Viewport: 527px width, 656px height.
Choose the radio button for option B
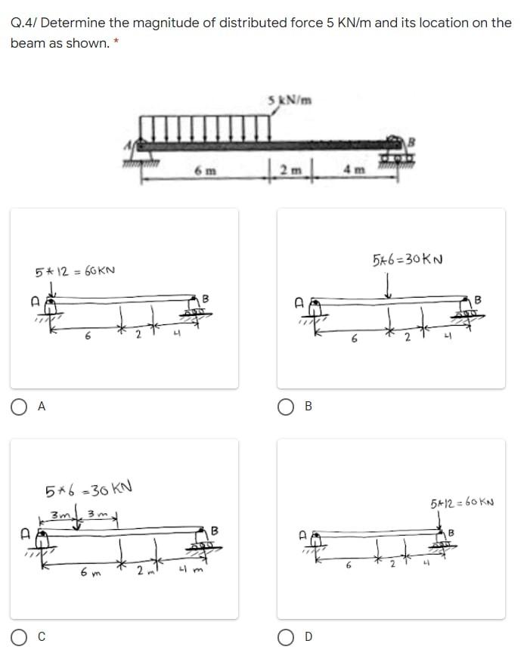click(x=287, y=406)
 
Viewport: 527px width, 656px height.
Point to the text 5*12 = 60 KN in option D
click(x=462, y=503)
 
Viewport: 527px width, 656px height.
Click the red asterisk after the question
click(x=115, y=42)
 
